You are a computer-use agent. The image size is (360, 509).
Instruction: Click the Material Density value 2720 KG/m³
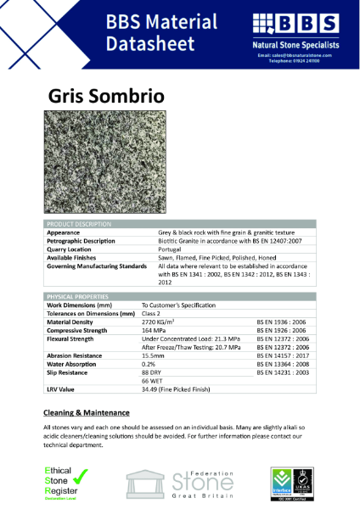[x=160, y=322]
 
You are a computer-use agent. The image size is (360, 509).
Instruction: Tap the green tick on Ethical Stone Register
[x=82, y=478]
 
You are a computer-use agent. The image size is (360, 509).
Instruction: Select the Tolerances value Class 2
[x=154, y=313]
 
